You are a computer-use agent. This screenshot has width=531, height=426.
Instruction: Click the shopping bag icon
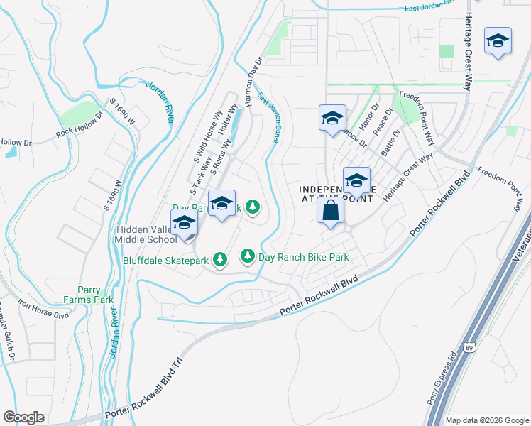click(x=330, y=210)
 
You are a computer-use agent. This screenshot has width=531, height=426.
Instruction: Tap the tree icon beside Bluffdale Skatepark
click(x=220, y=261)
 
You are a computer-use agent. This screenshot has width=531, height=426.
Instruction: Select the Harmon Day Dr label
click(x=254, y=82)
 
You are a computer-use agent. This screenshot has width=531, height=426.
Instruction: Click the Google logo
click(x=23, y=417)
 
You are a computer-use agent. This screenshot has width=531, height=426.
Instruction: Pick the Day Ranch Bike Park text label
click(x=303, y=256)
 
